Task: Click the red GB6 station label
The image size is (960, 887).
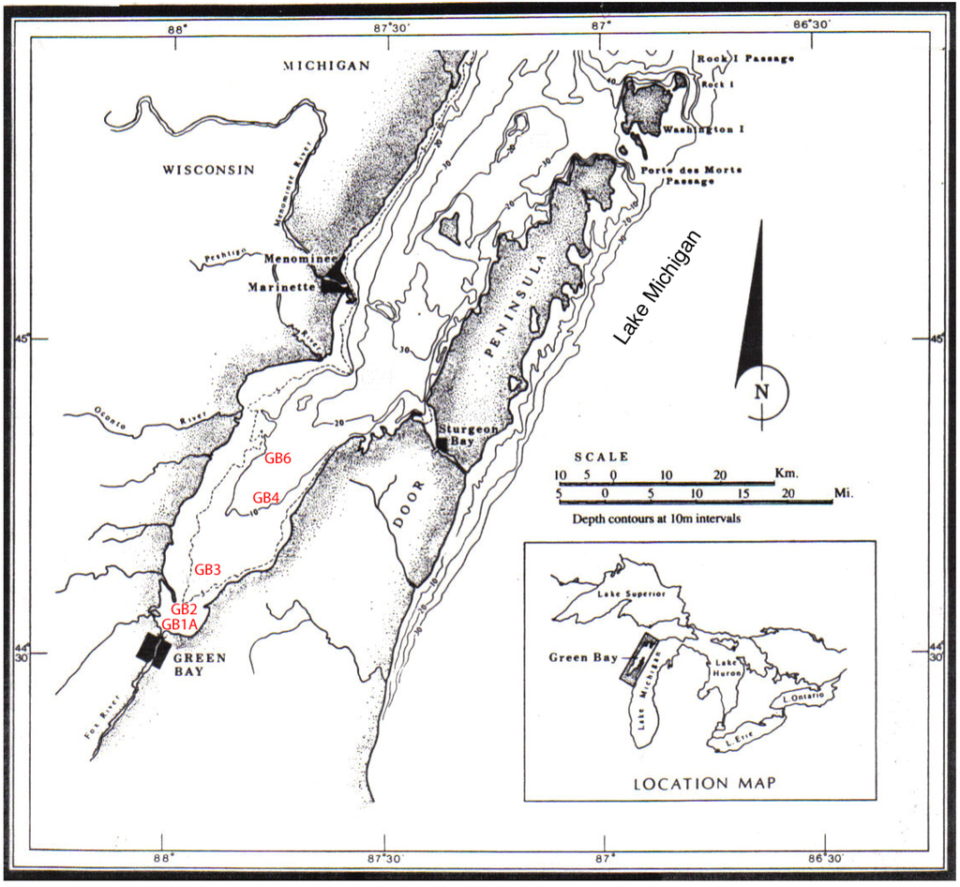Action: coord(279,459)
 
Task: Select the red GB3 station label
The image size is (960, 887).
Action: coord(207,569)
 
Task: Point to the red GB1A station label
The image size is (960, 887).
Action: coord(179,624)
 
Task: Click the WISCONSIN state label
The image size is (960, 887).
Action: coord(209,170)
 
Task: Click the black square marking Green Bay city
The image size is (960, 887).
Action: coord(151,648)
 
